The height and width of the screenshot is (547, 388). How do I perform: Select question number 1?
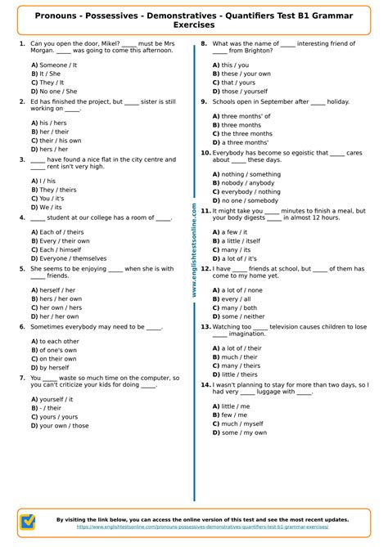[20, 43]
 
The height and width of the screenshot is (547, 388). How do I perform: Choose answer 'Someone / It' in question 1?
[56, 64]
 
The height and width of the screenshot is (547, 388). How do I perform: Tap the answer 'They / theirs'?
[56, 189]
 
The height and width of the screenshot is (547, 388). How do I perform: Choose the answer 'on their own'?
[57, 358]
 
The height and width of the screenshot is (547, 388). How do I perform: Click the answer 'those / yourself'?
[237, 92]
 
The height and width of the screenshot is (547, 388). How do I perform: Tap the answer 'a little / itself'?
[240, 241]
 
